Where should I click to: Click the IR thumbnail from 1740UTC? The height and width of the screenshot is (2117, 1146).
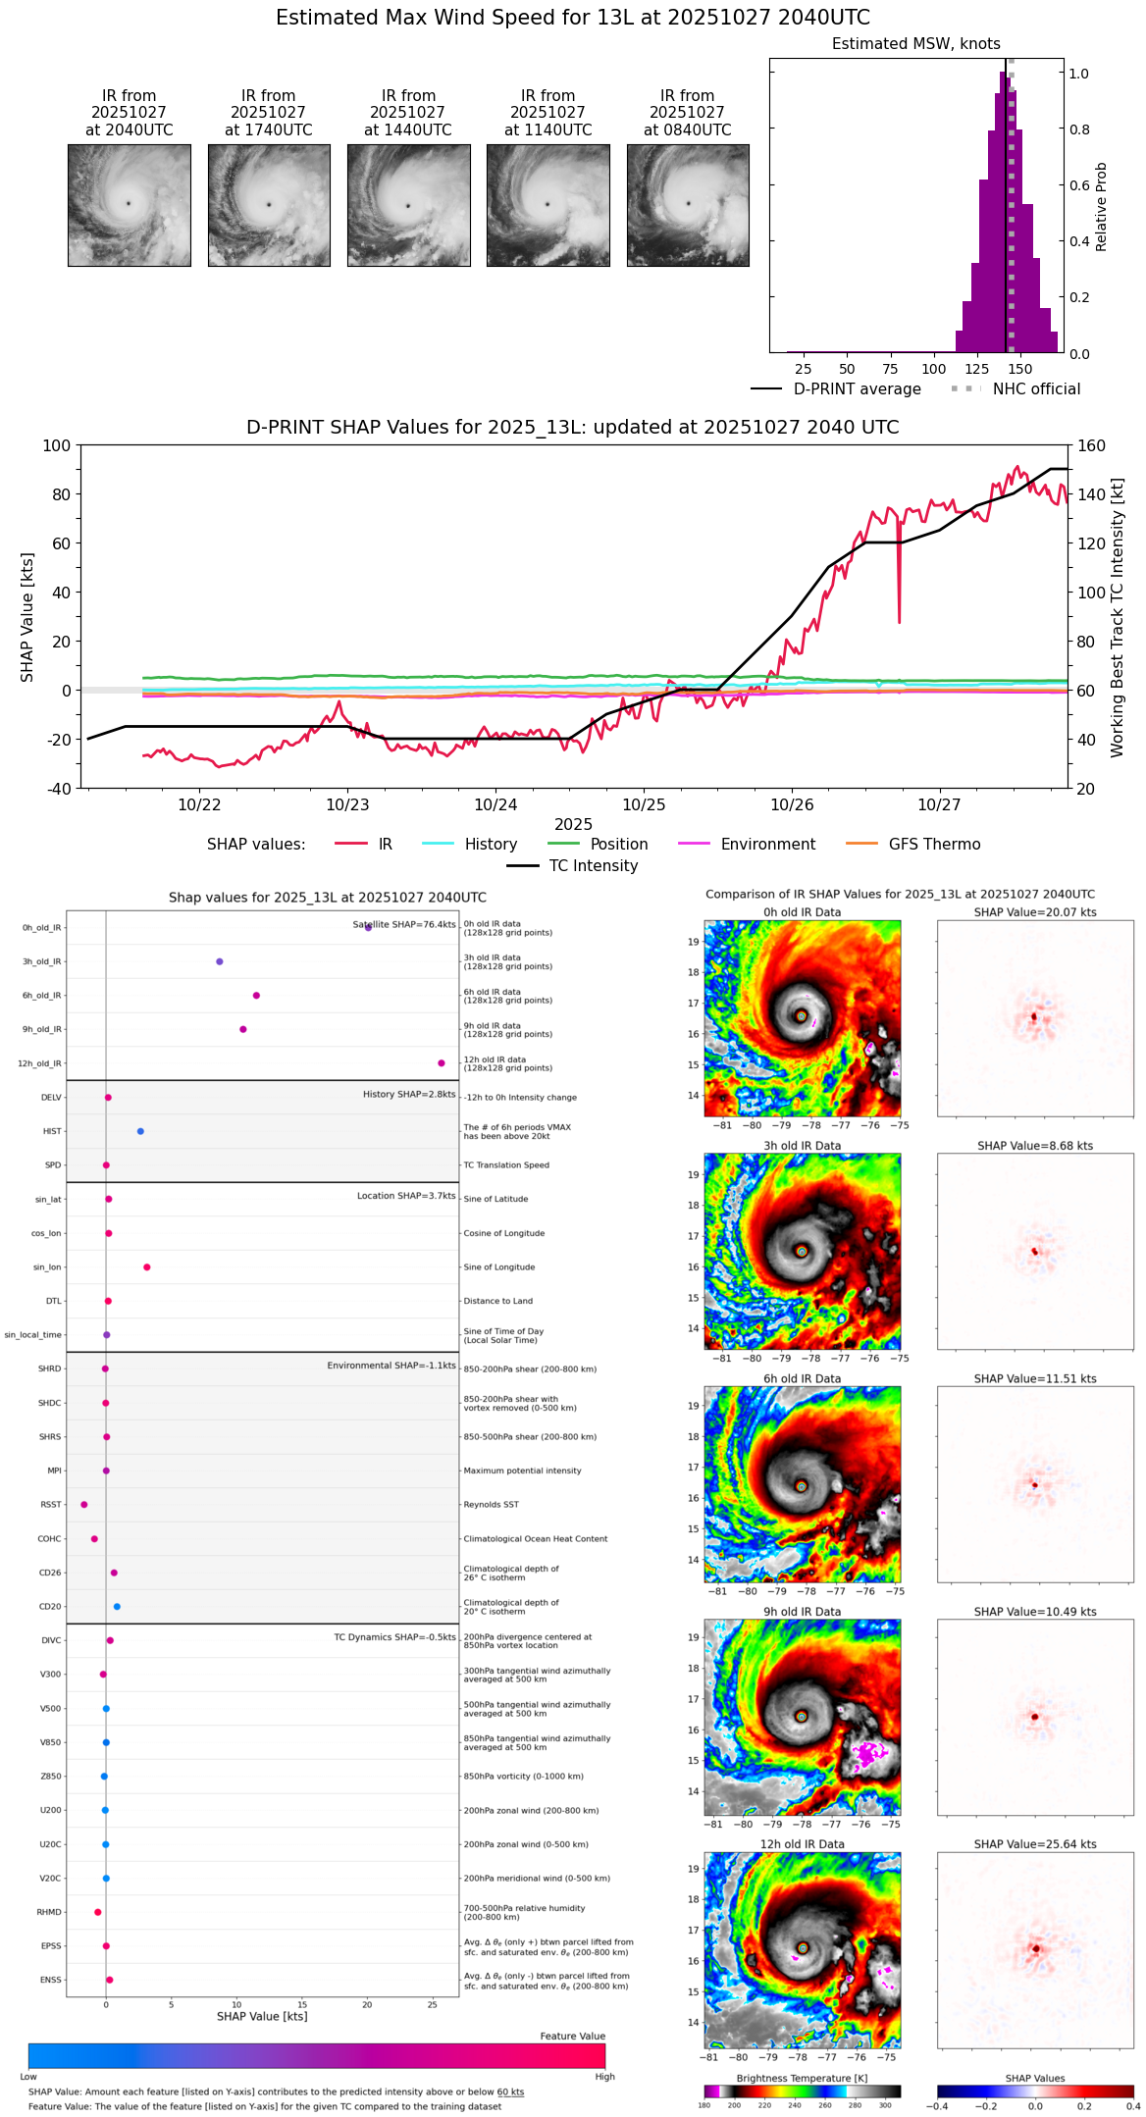click(269, 205)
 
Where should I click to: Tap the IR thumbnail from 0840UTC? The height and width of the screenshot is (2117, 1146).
click(688, 205)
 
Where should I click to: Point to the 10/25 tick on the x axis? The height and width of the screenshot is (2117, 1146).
click(644, 804)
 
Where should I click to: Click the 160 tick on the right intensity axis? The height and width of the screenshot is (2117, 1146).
click(1092, 446)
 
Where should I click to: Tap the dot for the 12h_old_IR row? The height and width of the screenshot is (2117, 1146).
click(442, 1063)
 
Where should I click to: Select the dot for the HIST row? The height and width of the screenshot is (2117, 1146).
click(140, 1131)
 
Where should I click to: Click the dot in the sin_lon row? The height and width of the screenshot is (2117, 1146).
click(147, 1267)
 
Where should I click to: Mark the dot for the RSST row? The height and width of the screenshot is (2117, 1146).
click(84, 1505)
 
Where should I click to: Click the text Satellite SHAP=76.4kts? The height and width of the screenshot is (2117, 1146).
click(404, 925)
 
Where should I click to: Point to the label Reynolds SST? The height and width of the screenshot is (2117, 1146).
click(491, 1505)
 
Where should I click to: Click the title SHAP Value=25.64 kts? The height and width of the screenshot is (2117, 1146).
click(1035, 1844)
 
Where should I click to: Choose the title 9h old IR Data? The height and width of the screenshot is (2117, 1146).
click(802, 1612)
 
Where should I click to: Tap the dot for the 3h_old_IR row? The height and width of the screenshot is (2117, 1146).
click(220, 961)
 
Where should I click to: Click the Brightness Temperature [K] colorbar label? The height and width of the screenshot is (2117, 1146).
click(802, 2078)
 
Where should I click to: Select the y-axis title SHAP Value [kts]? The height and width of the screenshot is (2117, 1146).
click(27, 617)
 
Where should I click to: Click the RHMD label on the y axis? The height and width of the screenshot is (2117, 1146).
click(49, 1912)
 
